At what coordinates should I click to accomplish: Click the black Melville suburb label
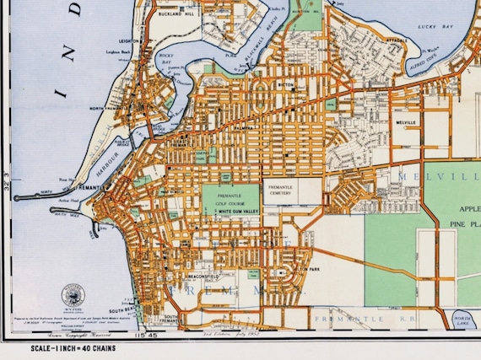pos(406,122)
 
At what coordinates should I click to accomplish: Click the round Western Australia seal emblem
pos(73,295)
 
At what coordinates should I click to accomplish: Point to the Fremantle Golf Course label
pos(229,197)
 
